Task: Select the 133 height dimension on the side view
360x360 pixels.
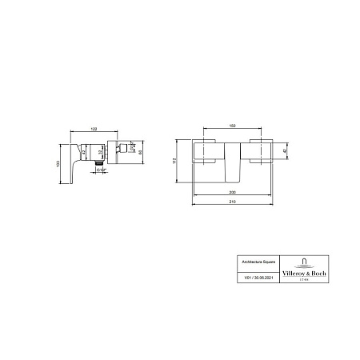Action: (60, 164)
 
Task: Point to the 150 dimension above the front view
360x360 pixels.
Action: (233, 126)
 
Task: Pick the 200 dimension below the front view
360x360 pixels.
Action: (233, 193)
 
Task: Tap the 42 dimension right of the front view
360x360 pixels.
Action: (286, 150)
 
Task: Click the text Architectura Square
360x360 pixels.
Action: (248, 262)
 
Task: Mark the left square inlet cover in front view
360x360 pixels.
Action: (206, 152)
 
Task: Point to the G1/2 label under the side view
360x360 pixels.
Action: (98, 170)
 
